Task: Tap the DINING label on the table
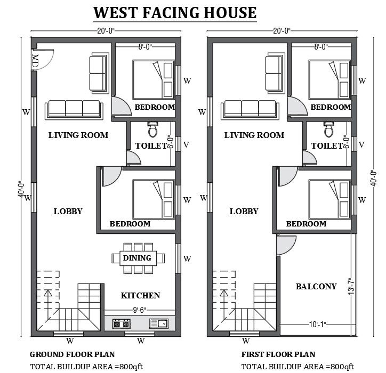137,258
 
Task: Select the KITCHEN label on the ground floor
140,295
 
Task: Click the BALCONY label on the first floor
316,287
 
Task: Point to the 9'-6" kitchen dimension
140,309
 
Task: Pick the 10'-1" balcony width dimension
316,324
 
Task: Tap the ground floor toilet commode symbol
152,129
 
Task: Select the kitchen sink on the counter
159,323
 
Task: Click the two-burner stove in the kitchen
121,323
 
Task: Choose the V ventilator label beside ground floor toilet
186,144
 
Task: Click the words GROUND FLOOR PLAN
72,354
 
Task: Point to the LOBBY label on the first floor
244,212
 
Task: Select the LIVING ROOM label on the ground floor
78,135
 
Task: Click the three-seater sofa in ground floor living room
74,108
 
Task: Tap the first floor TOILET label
326,145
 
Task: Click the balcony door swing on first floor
284,245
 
